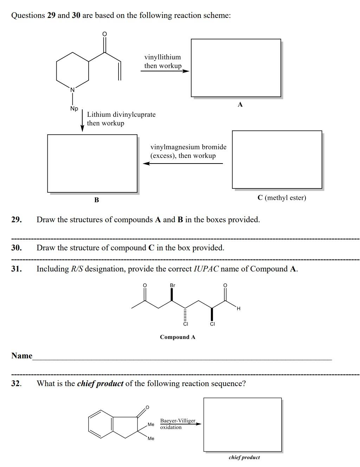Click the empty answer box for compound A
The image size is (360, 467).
[x=236, y=68]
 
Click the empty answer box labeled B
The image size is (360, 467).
[x=92, y=163]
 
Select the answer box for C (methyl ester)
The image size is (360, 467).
[x=277, y=159]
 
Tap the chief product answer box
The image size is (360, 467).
[x=243, y=424]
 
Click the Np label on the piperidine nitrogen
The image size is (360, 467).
[x=74, y=108]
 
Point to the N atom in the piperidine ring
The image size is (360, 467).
[x=72, y=90]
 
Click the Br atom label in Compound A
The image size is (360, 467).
[x=172, y=285]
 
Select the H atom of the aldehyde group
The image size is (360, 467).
[x=238, y=309]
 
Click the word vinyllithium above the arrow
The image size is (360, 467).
[x=162, y=57]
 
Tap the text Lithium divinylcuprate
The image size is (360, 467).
[x=121, y=114]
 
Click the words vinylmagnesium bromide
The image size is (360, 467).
[x=188, y=147]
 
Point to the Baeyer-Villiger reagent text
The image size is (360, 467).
[x=178, y=421]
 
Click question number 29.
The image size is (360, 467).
[x=16, y=220]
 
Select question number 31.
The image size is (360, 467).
[x=16, y=269]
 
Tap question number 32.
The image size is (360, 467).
[x=16, y=383]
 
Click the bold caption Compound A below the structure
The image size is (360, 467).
[x=178, y=337]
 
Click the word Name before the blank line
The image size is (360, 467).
[x=22, y=356]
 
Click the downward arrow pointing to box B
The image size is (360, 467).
[x=82, y=121]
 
